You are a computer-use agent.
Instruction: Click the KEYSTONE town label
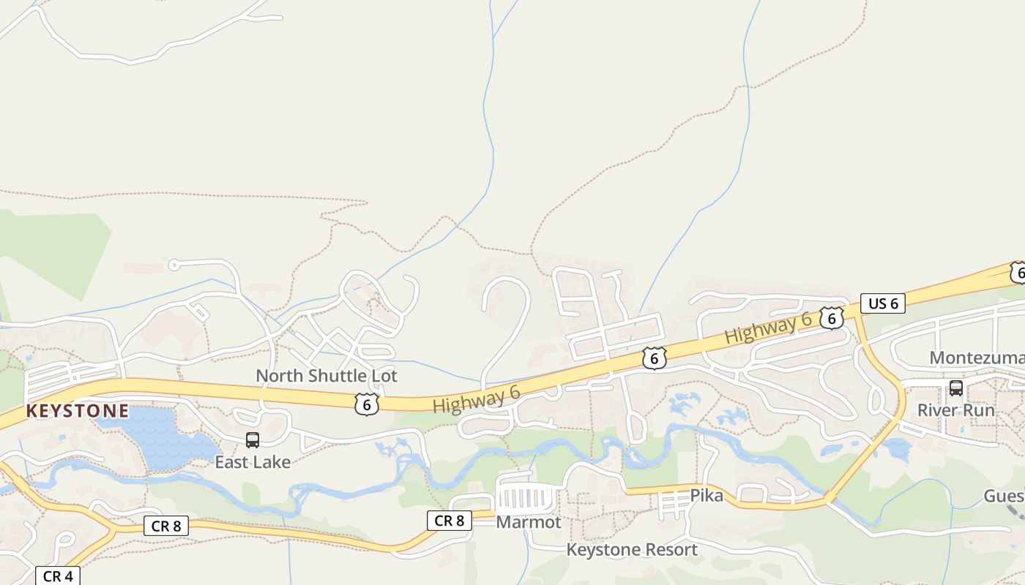tap(78, 411)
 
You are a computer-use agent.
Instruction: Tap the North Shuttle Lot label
tap(327, 376)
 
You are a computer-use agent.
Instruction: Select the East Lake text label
tap(253, 462)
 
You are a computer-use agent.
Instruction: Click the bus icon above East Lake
tap(253, 440)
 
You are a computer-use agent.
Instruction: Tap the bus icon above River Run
tap(956, 388)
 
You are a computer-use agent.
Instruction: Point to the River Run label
tap(956, 410)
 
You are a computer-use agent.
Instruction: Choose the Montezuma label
tap(977, 358)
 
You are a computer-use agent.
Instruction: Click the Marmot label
tap(529, 522)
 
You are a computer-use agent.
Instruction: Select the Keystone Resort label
tap(633, 549)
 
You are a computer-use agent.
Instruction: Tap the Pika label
tap(707, 496)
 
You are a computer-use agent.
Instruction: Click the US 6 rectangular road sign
tap(883, 303)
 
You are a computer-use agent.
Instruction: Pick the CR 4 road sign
tap(58, 576)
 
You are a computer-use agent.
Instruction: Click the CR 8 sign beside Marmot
tap(450, 521)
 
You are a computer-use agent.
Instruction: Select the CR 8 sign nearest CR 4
tap(166, 526)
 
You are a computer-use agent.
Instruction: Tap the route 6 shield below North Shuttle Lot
tap(366, 404)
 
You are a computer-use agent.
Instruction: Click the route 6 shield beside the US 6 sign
tap(832, 318)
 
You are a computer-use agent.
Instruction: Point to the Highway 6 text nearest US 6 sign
tap(769, 328)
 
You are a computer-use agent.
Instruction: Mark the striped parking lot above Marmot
tap(526, 498)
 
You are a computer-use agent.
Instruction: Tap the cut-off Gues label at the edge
tap(1004, 497)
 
